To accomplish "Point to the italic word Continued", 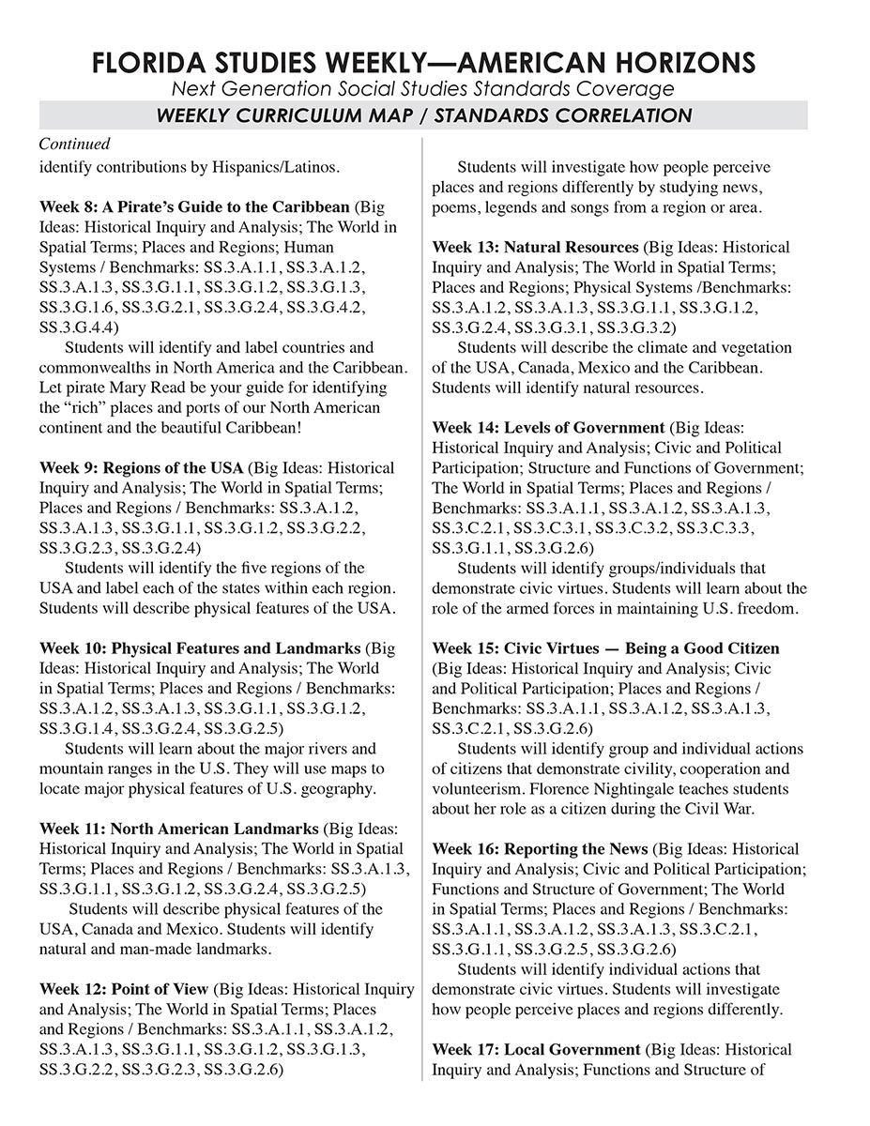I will [74, 145].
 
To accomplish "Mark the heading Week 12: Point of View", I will [124, 990].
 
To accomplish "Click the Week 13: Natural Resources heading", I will [534, 248].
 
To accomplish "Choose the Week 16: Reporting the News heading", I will [541, 849].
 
